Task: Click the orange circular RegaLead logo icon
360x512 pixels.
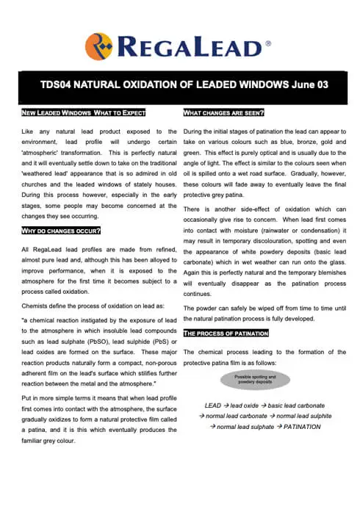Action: pyautogui.click(x=98, y=46)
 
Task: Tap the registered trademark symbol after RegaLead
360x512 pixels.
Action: pyautogui.click(x=267, y=44)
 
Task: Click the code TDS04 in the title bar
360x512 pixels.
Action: pyautogui.click(x=57, y=84)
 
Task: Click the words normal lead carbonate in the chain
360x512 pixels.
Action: pyautogui.click(x=236, y=416)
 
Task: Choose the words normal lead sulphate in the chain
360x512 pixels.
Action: pyautogui.click(x=247, y=426)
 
